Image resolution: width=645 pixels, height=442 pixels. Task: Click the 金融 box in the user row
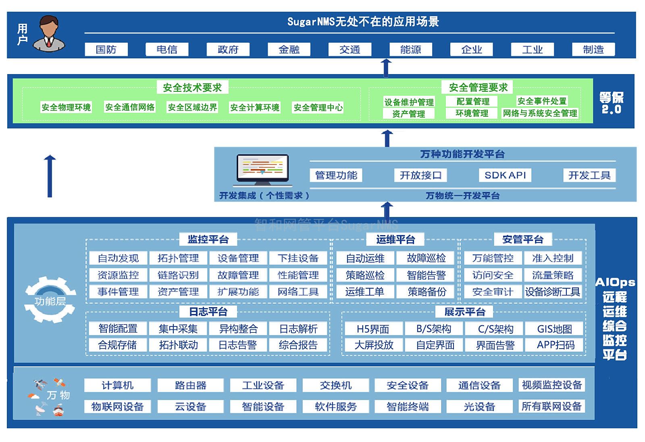click(289, 50)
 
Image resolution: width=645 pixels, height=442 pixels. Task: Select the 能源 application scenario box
click(411, 50)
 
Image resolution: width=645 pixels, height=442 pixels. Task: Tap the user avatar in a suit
click(49, 34)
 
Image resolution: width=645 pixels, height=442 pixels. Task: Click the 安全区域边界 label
click(192, 107)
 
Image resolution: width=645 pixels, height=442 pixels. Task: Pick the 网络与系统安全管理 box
click(540, 113)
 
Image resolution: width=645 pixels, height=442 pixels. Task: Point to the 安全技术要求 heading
click(192, 87)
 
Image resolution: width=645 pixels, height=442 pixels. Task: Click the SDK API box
click(505, 175)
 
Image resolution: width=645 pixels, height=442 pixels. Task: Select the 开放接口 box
click(420, 175)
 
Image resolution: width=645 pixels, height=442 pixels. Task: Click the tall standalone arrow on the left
click(50, 176)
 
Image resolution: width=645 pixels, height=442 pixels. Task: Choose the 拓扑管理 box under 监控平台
click(178, 258)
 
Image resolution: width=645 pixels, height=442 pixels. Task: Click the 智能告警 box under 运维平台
click(426, 275)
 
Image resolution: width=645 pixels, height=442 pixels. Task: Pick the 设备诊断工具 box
click(553, 292)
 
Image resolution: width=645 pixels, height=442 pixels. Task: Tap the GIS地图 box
click(554, 329)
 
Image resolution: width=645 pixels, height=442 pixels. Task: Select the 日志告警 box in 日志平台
click(238, 345)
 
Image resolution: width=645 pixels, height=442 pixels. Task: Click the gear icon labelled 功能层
click(50, 299)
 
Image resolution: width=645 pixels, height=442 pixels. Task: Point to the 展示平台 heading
click(464, 312)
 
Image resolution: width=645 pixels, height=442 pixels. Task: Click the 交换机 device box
click(336, 385)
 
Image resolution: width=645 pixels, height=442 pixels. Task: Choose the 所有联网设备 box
click(552, 406)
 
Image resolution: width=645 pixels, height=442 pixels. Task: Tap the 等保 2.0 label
click(611, 103)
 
